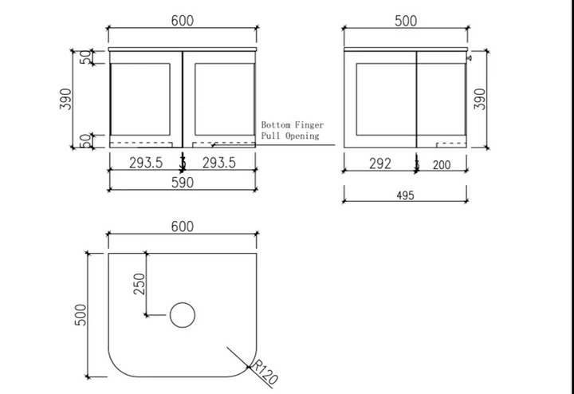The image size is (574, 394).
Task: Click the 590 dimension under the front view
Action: click(183, 183)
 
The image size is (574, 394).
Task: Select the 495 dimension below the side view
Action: click(405, 195)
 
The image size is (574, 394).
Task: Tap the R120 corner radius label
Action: click(265, 372)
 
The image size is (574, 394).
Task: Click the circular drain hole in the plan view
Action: click(183, 315)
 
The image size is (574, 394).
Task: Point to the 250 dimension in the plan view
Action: click(140, 284)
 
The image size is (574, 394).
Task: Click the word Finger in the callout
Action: click(309, 125)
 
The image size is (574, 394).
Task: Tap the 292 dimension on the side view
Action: click(380, 164)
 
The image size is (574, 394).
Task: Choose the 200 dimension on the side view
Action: click(442, 165)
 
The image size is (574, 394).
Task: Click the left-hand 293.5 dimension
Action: click(146, 163)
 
